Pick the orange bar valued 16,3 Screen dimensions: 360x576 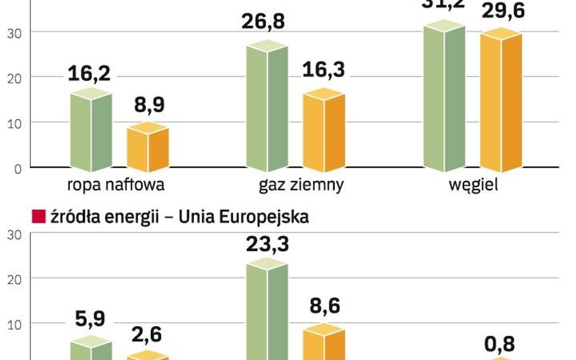[324, 130]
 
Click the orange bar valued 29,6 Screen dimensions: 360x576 [501, 100]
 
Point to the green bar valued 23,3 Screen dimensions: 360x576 [267, 310]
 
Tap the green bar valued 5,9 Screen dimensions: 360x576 [91, 350]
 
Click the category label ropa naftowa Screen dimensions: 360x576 [115, 185]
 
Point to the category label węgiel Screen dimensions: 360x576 [473, 185]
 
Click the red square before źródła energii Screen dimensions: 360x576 [38, 217]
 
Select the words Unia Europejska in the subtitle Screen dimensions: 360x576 [244, 217]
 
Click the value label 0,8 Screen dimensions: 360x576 [499, 344]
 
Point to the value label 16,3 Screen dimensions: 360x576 [324, 70]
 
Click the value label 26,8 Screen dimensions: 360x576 [264, 21]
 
